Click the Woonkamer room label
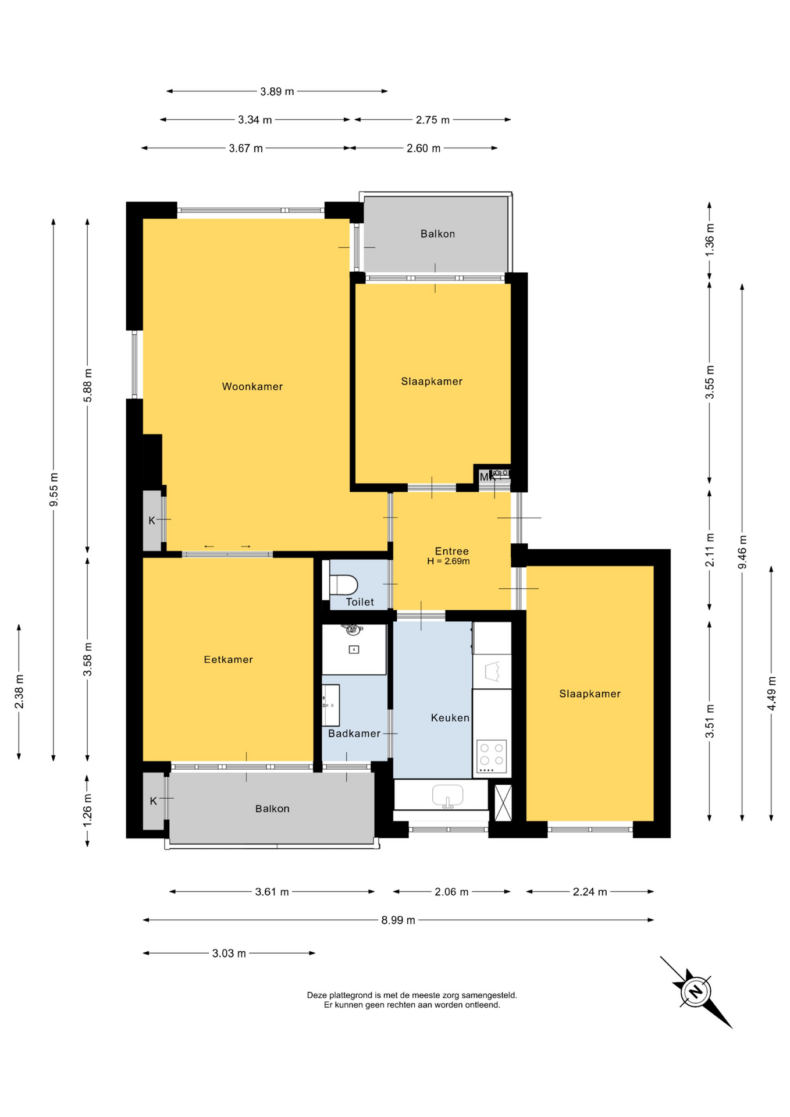[252, 386]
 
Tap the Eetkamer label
[228, 659]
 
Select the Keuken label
[450, 718]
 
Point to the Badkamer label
[354, 734]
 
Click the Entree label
[451, 551]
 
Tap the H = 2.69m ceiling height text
[448, 561]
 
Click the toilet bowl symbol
[343, 584]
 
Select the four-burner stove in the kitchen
[492, 756]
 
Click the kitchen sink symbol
[447, 796]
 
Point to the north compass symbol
[696, 991]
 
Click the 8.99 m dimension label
[398, 920]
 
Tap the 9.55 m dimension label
[54, 489]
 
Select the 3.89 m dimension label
[277, 91]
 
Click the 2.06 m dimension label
[451, 891]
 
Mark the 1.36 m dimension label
[709, 239]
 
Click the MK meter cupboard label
[487, 477]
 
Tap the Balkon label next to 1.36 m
[437, 234]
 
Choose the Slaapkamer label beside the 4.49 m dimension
[590, 693]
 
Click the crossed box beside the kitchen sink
[503, 802]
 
